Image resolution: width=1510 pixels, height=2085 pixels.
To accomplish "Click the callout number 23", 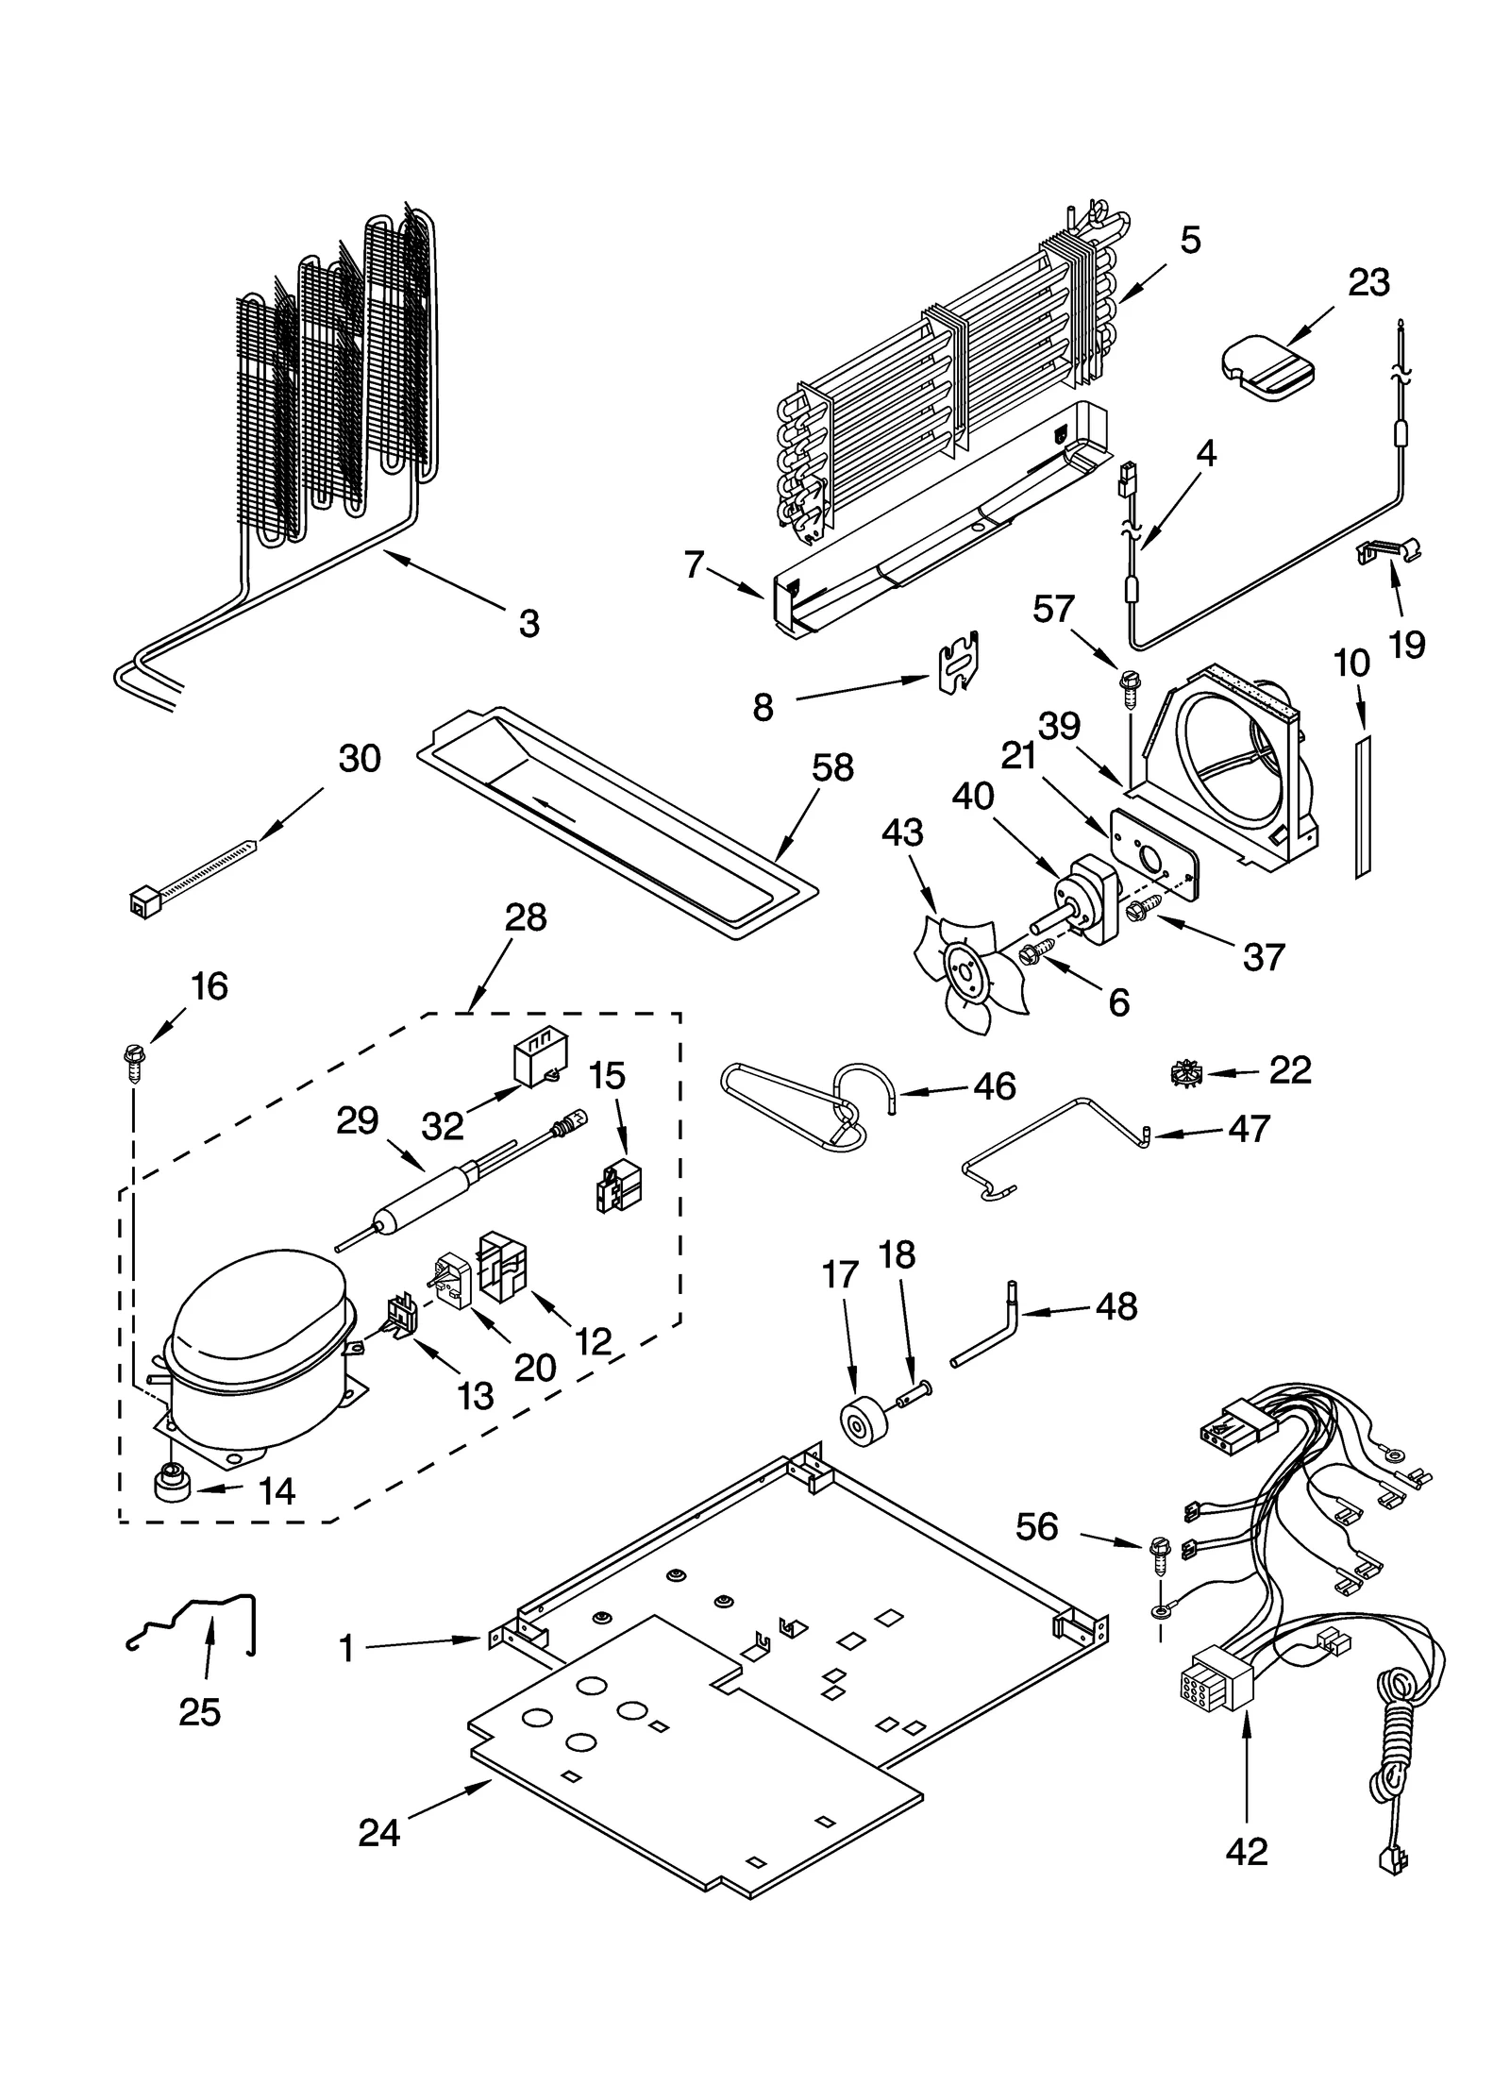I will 1367,282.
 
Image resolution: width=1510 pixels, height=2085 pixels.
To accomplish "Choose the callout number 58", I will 832,767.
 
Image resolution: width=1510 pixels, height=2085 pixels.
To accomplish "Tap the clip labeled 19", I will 1387,552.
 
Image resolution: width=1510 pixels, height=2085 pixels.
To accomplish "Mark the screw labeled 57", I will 1128,684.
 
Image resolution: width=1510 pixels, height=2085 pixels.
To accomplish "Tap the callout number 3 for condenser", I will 528,623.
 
